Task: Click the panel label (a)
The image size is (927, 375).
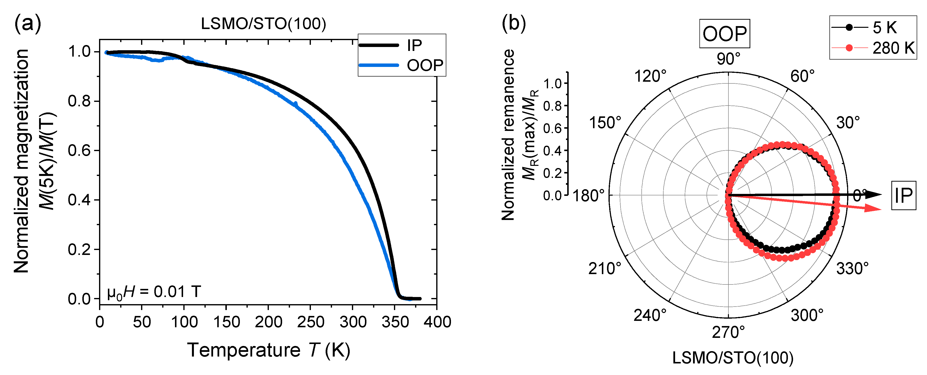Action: pos(28,24)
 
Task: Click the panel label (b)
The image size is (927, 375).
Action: pos(514,24)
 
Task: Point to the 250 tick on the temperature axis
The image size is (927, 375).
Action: pos(310,322)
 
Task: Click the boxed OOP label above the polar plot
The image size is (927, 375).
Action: pos(724,34)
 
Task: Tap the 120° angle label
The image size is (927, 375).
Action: pos(650,76)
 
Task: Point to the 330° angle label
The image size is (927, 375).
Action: pos(852,269)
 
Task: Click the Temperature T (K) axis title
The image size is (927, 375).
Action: pos(268,350)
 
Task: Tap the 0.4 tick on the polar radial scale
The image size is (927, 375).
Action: pos(552,151)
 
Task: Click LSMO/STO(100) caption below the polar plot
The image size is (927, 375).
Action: pos(733,358)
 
